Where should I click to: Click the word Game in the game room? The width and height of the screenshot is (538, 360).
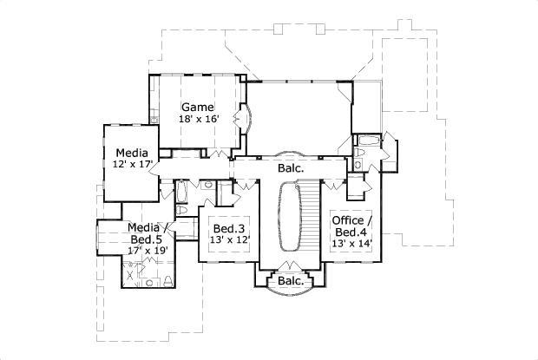click(x=197, y=107)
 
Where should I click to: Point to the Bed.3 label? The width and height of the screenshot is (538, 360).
click(x=229, y=228)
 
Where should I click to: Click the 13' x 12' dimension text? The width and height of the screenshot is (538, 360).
click(x=229, y=240)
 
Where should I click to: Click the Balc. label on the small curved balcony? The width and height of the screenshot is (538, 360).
click(x=290, y=282)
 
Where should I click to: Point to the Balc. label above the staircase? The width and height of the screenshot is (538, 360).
click(x=290, y=167)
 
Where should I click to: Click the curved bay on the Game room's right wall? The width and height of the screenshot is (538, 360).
click(x=246, y=116)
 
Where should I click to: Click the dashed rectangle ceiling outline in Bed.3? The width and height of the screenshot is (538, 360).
click(x=229, y=235)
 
